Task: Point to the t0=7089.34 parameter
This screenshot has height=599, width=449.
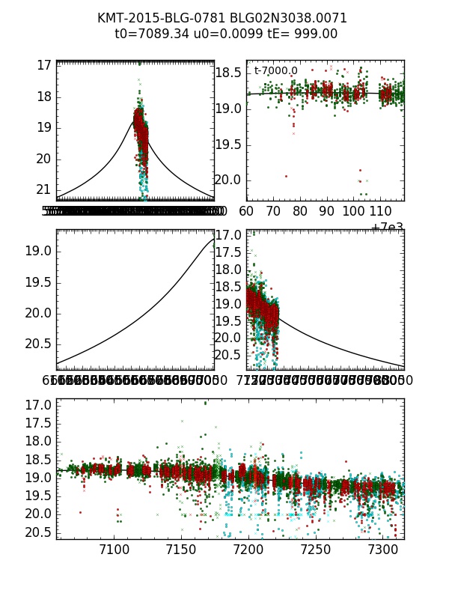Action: pyautogui.click(x=147, y=34)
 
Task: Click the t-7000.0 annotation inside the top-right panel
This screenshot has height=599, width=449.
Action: pyautogui.click(x=275, y=71)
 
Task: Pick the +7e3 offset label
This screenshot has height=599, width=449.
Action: pyautogui.click(x=388, y=228)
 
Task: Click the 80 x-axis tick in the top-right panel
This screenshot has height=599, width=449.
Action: pyautogui.click(x=300, y=212)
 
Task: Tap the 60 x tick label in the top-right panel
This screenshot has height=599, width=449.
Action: pyautogui.click(x=247, y=212)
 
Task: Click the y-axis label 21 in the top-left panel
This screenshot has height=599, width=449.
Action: pyautogui.click(x=43, y=189)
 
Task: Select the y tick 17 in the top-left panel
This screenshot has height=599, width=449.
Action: pyautogui.click(x=43, y=65)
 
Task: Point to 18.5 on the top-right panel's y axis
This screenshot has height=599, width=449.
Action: pyautogui.click(x=227, y=73)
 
